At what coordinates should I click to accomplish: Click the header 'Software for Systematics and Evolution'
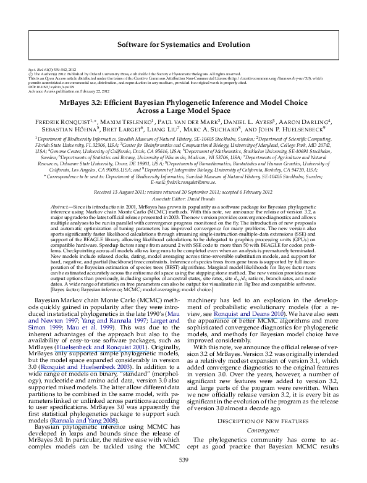[183, 45]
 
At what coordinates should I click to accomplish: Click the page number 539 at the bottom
[183, 460]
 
